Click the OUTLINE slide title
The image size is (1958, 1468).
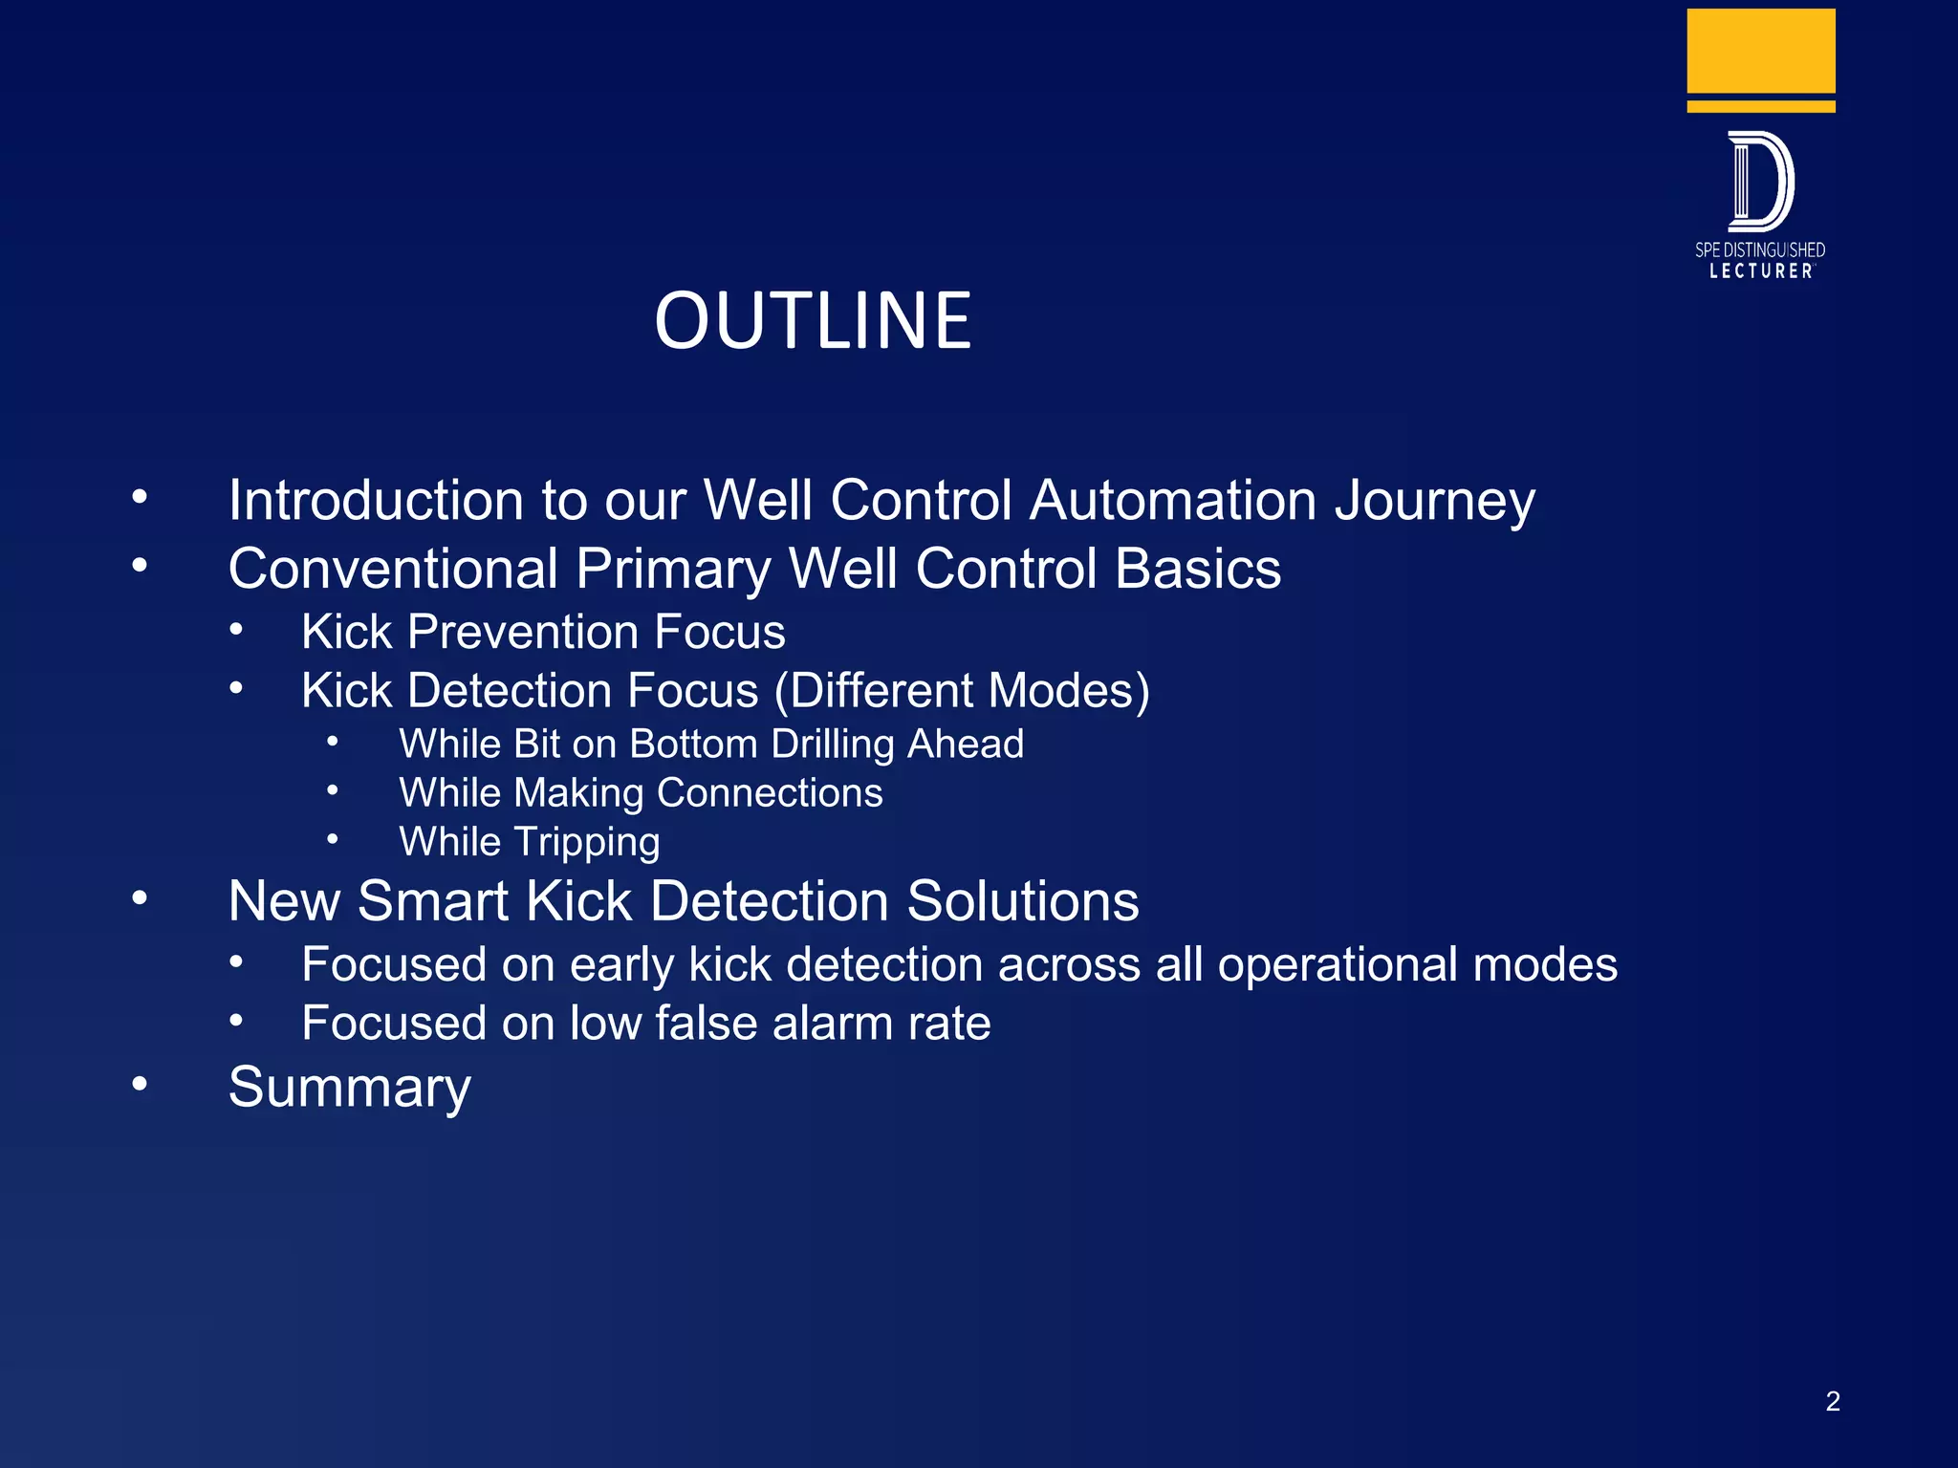(813, 321)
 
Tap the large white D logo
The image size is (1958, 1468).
(1760, 182)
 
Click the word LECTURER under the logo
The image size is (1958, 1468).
(1760, 271)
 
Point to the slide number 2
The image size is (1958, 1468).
(1832, 1401)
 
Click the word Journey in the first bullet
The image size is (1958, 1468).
(1434, 501)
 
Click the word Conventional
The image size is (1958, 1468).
(393, 569)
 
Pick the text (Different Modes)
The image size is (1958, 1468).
(962, 690)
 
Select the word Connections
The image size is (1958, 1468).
(770, 792)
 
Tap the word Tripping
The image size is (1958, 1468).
(586, 842)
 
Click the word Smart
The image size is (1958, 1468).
(432, 901)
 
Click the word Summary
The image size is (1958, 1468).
(349, 1088)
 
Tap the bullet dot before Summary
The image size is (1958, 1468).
(140, 1084)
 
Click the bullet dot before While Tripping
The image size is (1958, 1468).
(332, 839)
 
